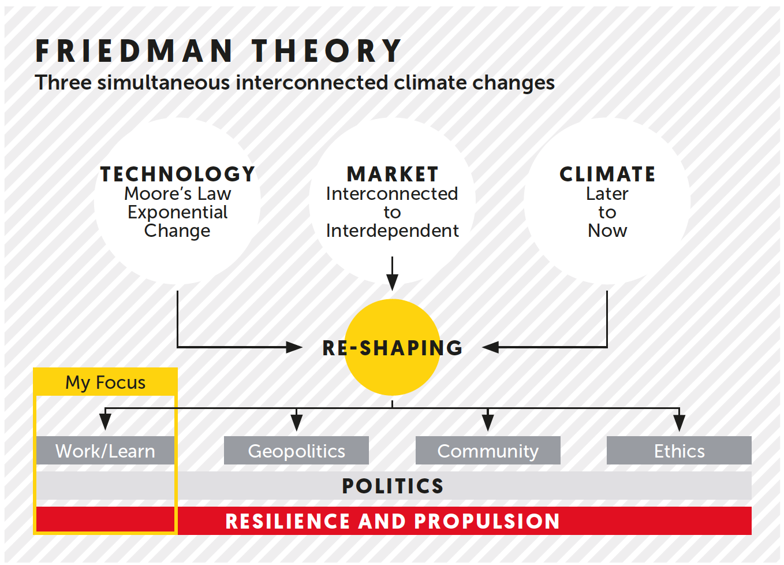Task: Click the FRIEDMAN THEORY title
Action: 218,51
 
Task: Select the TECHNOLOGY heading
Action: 177,174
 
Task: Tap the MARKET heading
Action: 392,174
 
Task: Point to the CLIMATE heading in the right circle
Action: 607,174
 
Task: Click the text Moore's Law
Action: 177,194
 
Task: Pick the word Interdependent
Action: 392,231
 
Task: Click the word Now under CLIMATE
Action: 607,231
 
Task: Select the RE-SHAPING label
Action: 393,348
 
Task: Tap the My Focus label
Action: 105,382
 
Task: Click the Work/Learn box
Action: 105,451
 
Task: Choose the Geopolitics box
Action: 296,451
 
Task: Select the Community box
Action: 488,451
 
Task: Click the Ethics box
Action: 679,451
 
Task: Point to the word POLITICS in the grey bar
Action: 393,486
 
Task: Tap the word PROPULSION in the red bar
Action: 487,521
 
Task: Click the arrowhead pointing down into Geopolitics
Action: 296,422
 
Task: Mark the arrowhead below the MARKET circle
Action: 393,282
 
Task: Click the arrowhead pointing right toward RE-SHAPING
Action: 294,347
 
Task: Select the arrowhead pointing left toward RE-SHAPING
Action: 491,347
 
